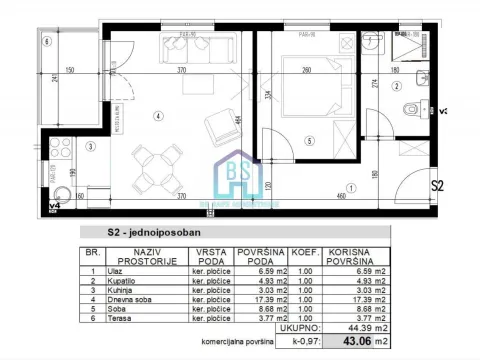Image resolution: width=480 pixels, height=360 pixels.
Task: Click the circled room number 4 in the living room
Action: point(158,116)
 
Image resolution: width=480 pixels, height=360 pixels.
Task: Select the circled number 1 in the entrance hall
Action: point(349,187)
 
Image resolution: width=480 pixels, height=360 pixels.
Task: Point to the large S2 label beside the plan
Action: point(437,186)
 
